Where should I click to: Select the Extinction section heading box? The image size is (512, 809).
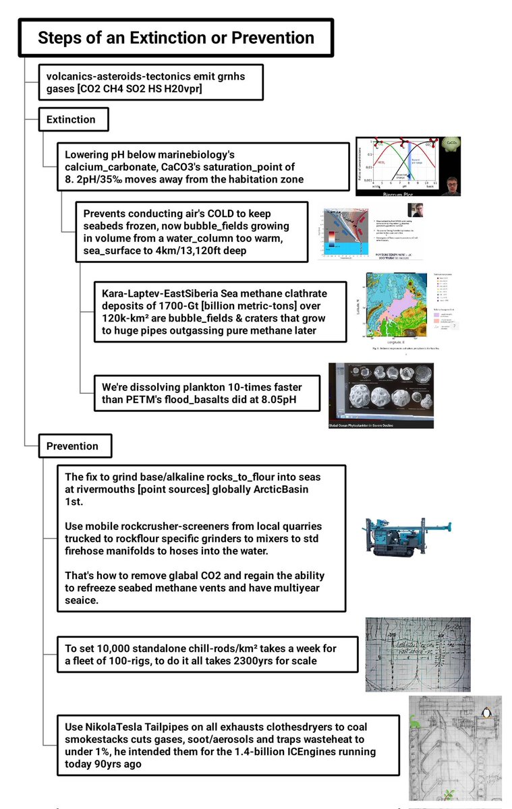(x=70, y=119)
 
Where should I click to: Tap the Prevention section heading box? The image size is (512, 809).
(x=72, y=446)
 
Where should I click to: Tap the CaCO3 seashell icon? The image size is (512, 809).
(x=449, y=144)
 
